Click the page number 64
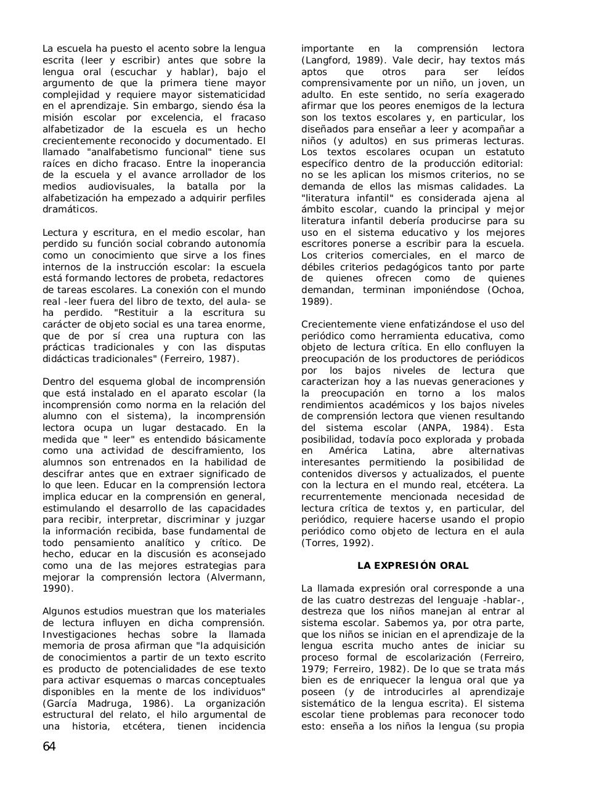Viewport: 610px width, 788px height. point(49,747)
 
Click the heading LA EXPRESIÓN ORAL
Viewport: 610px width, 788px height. point(413,566)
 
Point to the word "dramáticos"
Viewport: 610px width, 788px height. point(70,209)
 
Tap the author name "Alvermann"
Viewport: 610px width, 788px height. point(237,577)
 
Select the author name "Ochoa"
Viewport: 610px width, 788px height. point(506,290)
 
